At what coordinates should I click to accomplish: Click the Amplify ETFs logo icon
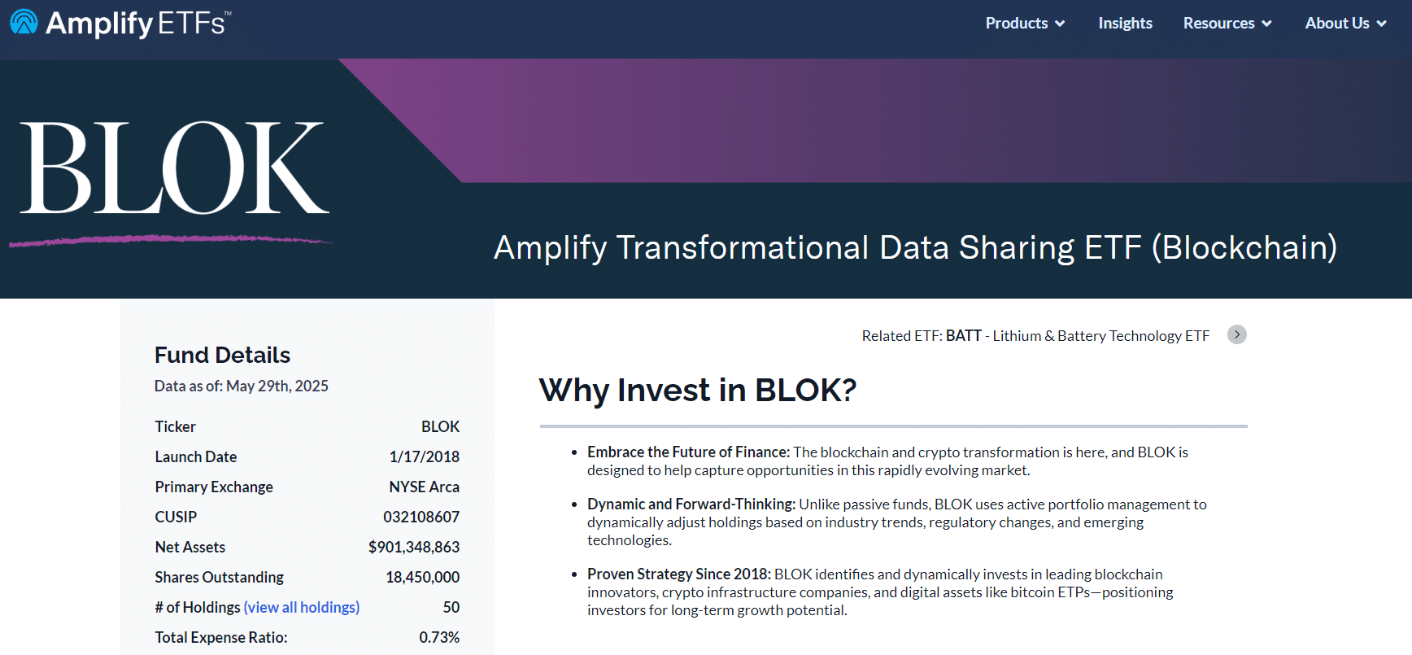(24, 23)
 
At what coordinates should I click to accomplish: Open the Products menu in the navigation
(1025, 24)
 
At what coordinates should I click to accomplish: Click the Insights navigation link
(1125, 24)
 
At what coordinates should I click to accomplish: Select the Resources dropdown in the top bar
(1227, 24)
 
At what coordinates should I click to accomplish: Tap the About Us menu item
(1345, 24)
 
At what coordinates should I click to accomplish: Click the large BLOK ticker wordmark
(175, 168)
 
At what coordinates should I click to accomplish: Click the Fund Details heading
(222, 355)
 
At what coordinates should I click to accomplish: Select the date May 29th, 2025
(277, 386)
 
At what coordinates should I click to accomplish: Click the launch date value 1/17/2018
(425, 456)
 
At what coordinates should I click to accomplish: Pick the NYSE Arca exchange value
(425, 487)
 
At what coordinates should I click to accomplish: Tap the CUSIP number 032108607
(421, 517)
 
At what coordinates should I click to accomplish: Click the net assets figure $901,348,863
(414, 547)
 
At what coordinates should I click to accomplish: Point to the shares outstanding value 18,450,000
(423, 577)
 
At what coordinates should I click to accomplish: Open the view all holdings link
(302, 607)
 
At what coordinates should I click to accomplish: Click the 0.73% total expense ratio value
(439, 637)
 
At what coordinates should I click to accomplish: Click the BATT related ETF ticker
(964, 335)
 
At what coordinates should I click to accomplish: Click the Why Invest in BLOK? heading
(698, 390)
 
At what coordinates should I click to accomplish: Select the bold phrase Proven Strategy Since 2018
(679, 574)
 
